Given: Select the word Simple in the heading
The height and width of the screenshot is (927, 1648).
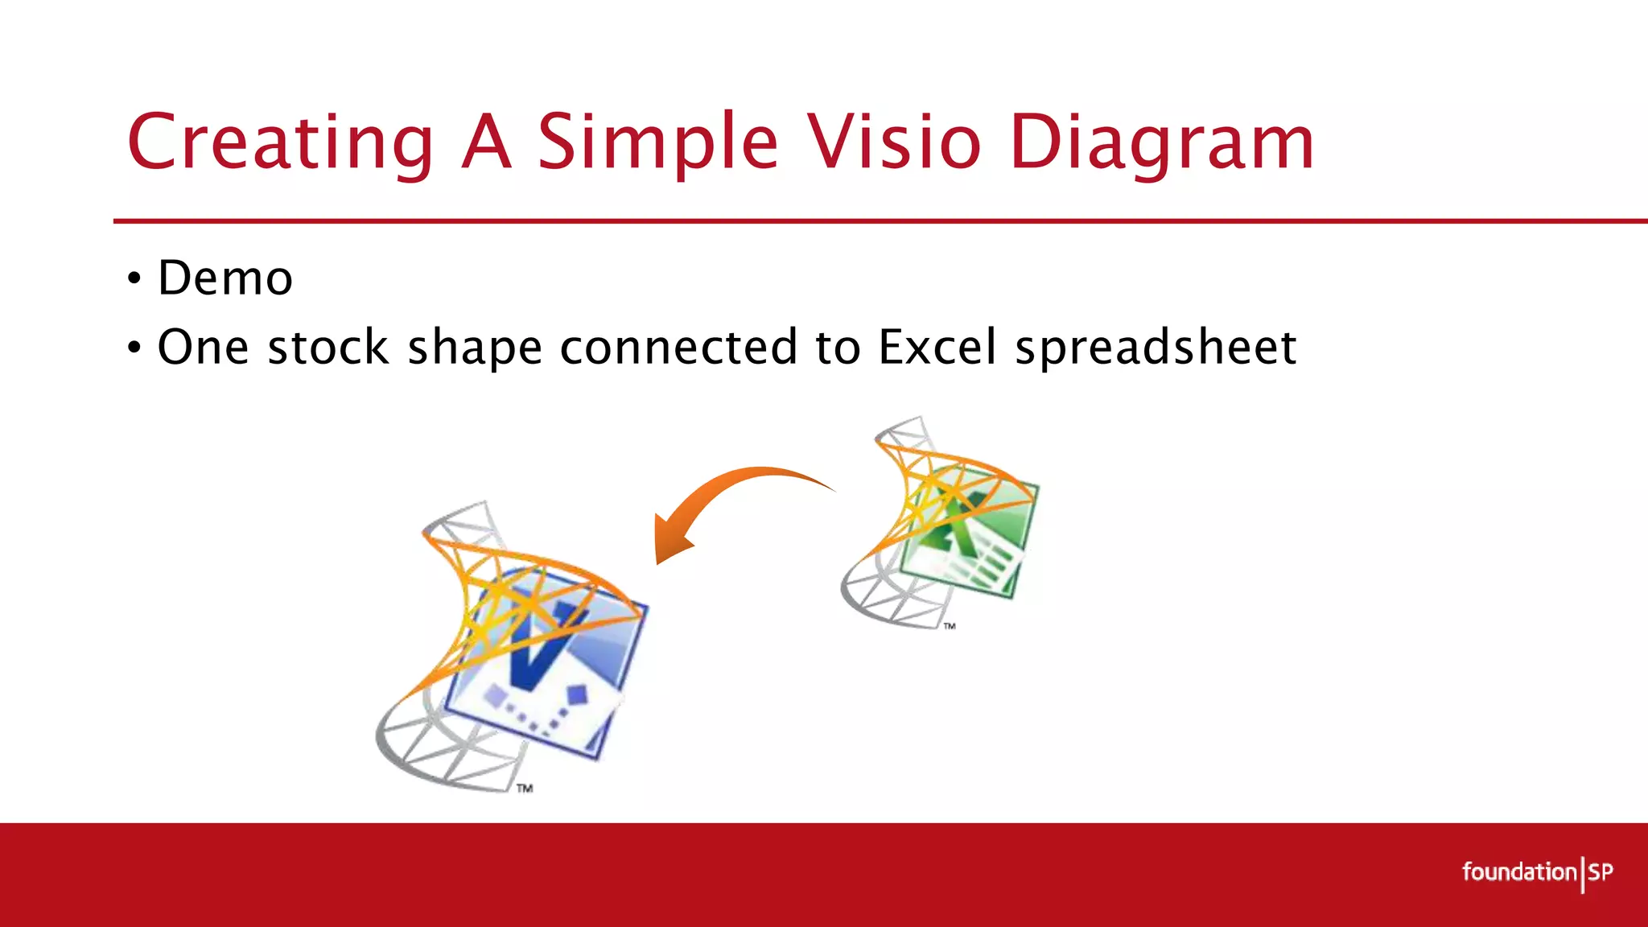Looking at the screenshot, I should point(657,142).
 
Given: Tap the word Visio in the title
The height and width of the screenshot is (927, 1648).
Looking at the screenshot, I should point(895,142).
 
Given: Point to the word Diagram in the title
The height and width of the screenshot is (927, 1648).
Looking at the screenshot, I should point(1162,142).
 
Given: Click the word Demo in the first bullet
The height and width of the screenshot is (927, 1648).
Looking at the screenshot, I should point(225,278).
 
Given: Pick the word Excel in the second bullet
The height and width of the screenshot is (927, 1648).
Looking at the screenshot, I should point(937,348).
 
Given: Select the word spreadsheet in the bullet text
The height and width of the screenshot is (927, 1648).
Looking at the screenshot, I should point(1156,348).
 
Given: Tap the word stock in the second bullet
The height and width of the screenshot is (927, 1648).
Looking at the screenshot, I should point(328,348).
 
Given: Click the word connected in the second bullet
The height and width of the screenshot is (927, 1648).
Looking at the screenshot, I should point(678,348).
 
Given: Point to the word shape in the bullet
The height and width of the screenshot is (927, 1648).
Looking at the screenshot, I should point(475,348).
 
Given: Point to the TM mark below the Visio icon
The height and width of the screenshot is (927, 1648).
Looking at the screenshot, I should point(525,789).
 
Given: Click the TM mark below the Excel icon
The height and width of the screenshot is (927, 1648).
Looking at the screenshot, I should point(950,626).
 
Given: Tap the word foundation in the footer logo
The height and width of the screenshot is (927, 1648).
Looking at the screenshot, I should point(1519,872).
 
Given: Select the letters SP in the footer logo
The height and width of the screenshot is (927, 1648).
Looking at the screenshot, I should point(1601,872).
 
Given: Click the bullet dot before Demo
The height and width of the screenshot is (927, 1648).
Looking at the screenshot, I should point(134,279).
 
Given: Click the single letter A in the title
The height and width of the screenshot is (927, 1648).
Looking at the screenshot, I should point(487,142).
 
